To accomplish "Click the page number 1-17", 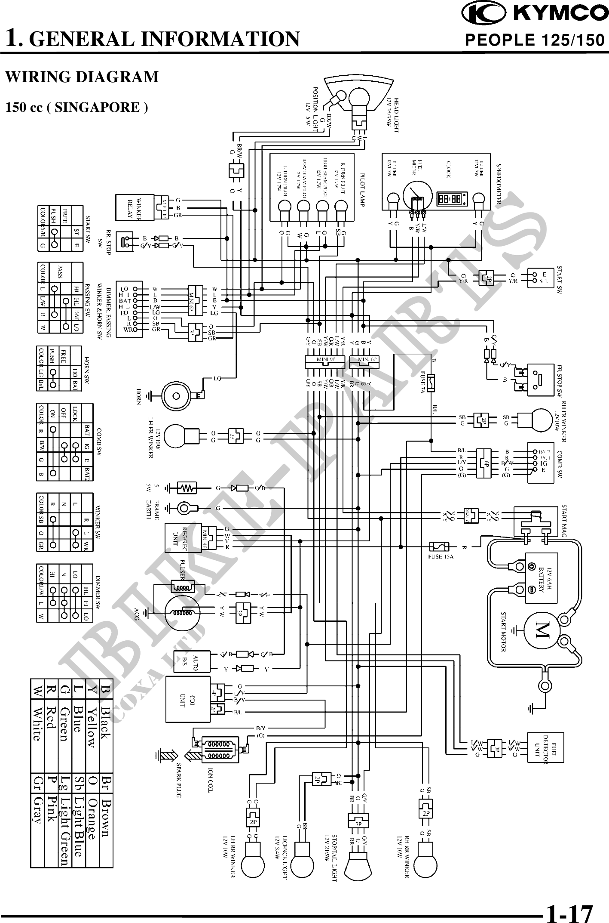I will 569,911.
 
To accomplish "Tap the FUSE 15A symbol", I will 440,547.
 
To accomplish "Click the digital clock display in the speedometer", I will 449,198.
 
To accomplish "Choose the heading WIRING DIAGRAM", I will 82,77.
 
